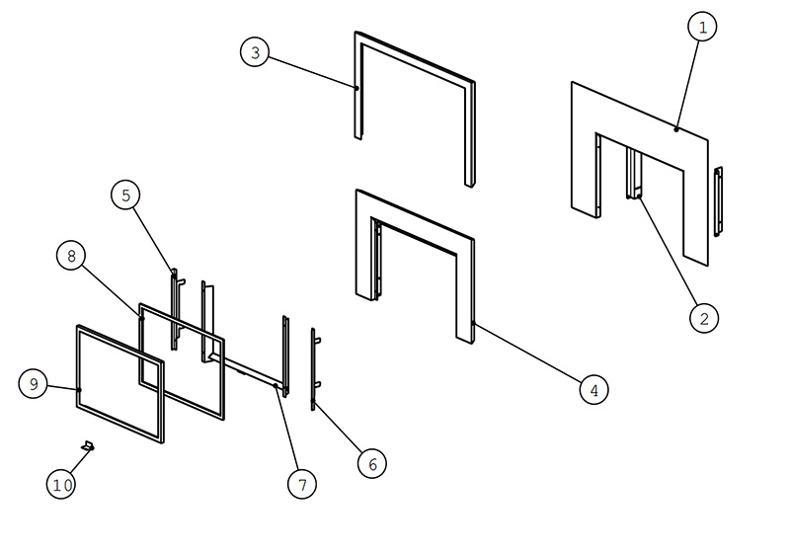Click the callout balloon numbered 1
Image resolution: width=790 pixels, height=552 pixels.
[702, 27]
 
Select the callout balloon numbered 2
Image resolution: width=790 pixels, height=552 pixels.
[704, 318]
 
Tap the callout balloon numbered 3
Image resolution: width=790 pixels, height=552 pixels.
[255, 52]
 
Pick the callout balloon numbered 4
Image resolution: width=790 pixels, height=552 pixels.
[594, 389]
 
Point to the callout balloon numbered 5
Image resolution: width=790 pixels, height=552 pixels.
[125, 195]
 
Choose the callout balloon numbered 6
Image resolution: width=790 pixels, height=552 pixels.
[372, 463]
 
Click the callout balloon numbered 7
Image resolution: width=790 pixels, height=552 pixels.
[302, 484]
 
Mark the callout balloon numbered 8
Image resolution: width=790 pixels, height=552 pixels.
[71, 256]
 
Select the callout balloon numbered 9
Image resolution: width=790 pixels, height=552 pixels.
[34, 384]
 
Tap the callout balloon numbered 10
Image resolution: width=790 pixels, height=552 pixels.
[61, 484]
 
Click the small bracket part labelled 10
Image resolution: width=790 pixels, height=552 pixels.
[88, 445]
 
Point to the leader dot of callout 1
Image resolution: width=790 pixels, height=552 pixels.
[676, 129]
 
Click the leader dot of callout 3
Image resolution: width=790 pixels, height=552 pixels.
[356, 88]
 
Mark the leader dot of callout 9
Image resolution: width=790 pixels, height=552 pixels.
[79, 390]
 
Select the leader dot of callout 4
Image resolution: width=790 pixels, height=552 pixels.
[473, 323]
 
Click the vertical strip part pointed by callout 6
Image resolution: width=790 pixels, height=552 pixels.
[313, 369]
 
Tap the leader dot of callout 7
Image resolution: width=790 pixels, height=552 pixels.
[276, 386]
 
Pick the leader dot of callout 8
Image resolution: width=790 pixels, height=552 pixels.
[141, 318]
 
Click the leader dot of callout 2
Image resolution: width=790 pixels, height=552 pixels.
[638, 197]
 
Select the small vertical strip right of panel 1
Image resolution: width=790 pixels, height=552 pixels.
[718, 201]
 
